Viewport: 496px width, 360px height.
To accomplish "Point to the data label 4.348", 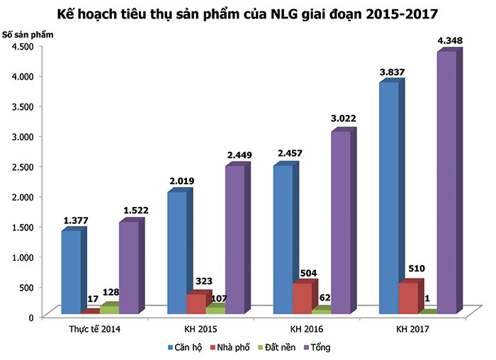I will click(450, 40).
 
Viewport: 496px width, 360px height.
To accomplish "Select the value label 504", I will click(308, 273).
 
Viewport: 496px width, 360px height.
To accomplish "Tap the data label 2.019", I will click(182, 181).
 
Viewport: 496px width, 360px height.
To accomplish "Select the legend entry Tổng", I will click(319, 347).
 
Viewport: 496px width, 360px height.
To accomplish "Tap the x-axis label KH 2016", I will click(306, 330).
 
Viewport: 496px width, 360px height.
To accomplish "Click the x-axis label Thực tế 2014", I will click(94, 330).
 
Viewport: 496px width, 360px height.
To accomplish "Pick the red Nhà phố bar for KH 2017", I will click(407, 298).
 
